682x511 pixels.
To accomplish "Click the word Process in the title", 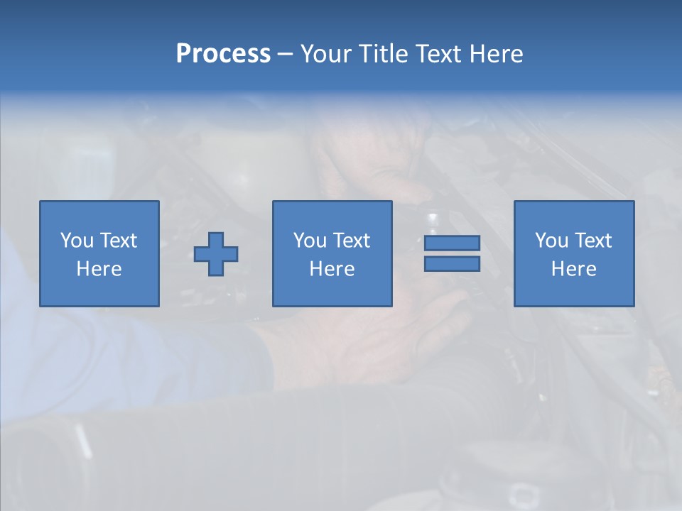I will (x=223, y=54).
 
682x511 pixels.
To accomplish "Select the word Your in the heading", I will (x=327, y=54).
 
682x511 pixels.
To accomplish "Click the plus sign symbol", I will (x=216, y=254).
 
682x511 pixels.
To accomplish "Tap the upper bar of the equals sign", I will (x=452, y=243).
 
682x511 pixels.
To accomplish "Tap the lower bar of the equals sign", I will (x=452, y=263).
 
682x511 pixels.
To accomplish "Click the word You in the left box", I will (x=76, y=241).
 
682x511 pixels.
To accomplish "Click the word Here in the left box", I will (x=99, y=269).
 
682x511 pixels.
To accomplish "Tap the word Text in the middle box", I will (x=352, y=241).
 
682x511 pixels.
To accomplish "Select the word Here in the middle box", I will (x=332, y=269).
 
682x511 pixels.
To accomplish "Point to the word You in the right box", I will (x=551, y=241).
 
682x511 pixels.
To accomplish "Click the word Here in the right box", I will (x=574, y=269).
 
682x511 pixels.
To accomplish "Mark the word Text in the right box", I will (x=593, y=241).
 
